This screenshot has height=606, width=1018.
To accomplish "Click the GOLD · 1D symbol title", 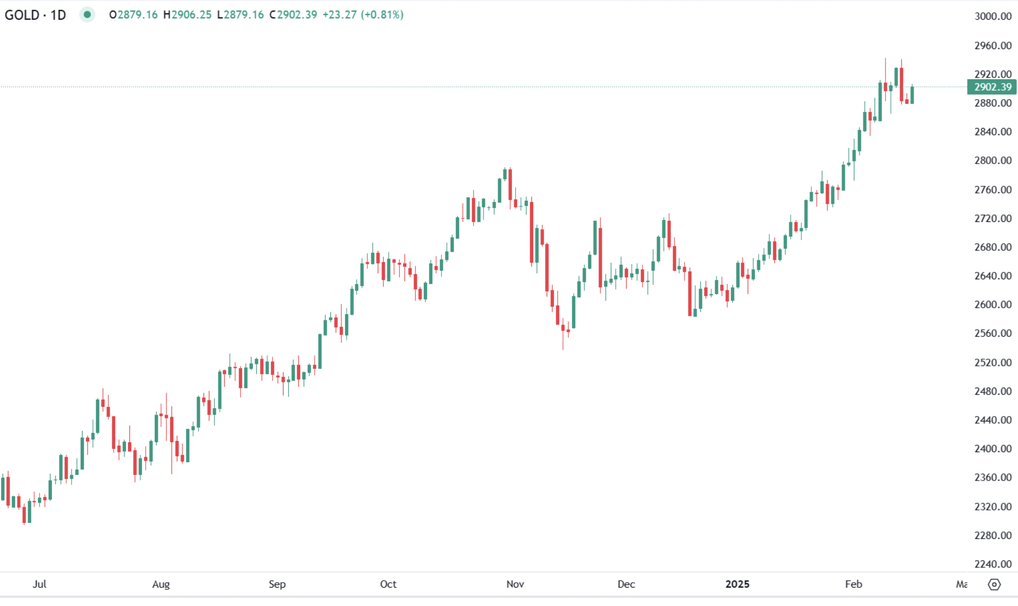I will (x=35, y=15).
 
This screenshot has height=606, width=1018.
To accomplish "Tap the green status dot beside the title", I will (x=87, y=14).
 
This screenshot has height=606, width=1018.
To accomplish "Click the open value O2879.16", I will (x=133, y=15).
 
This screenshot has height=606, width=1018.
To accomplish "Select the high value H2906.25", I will (x=187, y=15).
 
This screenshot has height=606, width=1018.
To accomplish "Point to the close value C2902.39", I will (x=293, y=15).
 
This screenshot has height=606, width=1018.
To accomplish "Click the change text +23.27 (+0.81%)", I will (x=363, y=15).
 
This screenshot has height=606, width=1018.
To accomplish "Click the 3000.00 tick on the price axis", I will (x=993, y=16).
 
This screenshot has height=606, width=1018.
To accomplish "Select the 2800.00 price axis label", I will (x=993, y=160).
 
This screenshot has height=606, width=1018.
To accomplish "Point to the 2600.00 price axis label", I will (x=993, y=304).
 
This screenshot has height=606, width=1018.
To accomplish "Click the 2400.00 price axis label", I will (x=993, y=449).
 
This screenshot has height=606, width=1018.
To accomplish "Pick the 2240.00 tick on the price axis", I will (x=993, y=564).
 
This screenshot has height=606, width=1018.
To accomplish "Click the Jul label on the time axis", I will (x=39, y=584).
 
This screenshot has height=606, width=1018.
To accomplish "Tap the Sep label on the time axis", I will (x=277, y=584).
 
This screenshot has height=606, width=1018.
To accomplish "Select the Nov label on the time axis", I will (x=515, y=584).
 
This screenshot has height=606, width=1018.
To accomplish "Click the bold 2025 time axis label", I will (x=737, y=584).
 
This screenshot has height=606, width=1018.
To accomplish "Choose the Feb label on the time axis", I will (x=853, y=584).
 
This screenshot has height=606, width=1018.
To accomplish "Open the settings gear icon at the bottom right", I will (x=994, y=585).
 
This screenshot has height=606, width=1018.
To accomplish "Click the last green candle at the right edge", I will (x=912, y=95).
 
